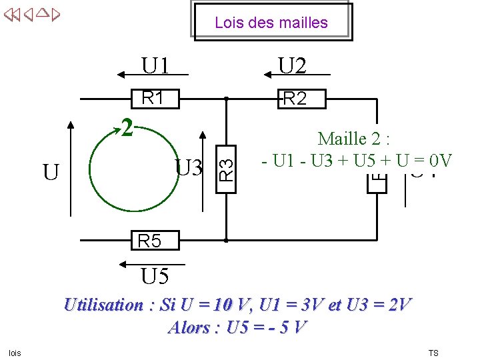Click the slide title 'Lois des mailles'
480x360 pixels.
(x=271, y=23)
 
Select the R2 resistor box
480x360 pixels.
(x=295, y=99)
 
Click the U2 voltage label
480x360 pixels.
(x=293, y=65)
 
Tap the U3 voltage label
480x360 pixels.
(x=189, y=167)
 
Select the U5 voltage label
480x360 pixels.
(x=154, y=275)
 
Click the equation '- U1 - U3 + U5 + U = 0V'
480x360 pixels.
(x=357, y=161)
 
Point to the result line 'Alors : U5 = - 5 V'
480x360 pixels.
(x=238, y=327)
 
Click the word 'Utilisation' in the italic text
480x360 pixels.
(x=103, y=305)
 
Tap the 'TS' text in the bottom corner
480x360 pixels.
(x=433, y=353)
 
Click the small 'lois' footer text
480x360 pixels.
(x=15, y=353)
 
